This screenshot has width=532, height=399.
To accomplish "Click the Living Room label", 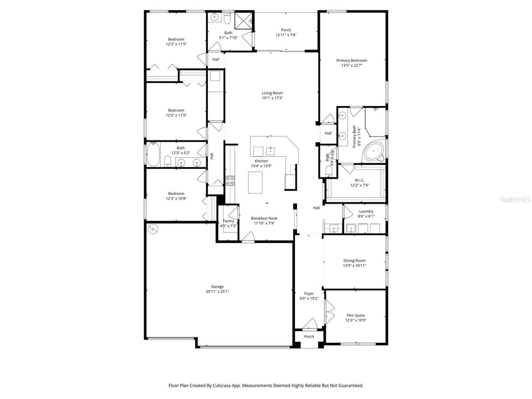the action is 272,93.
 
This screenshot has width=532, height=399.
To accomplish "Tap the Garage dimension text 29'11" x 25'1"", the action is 217,291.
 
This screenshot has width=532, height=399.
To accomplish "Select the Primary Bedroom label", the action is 352,60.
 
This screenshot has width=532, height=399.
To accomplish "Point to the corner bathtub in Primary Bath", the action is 373,151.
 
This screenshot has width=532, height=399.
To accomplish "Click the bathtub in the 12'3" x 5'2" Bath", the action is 153,154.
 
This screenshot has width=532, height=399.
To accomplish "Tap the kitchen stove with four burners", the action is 230,180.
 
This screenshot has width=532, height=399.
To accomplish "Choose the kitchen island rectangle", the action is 255,182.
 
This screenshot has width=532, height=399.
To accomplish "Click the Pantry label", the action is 228,221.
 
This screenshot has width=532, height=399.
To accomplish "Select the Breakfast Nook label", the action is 264,218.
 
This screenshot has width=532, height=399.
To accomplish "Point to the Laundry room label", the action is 366,211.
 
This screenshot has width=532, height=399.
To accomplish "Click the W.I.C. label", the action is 360,180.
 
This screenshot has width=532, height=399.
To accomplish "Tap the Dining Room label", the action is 355,261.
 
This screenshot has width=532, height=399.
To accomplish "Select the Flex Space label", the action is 355,315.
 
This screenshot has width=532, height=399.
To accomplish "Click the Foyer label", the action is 309,293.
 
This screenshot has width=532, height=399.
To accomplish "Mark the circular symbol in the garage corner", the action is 153,229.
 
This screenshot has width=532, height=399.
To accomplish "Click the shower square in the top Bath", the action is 243,21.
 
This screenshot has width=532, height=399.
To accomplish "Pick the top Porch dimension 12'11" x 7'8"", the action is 286,35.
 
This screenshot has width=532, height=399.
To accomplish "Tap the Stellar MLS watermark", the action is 515,199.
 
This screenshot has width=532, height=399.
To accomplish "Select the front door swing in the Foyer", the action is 310,324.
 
